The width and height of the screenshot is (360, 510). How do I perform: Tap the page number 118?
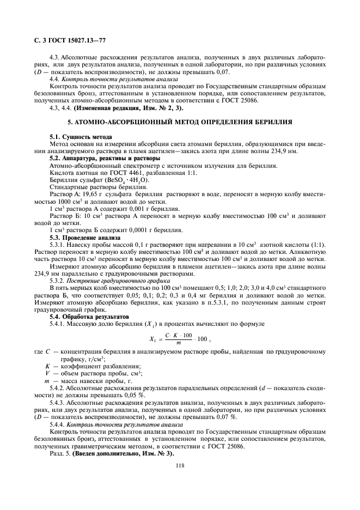click(180, 465)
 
